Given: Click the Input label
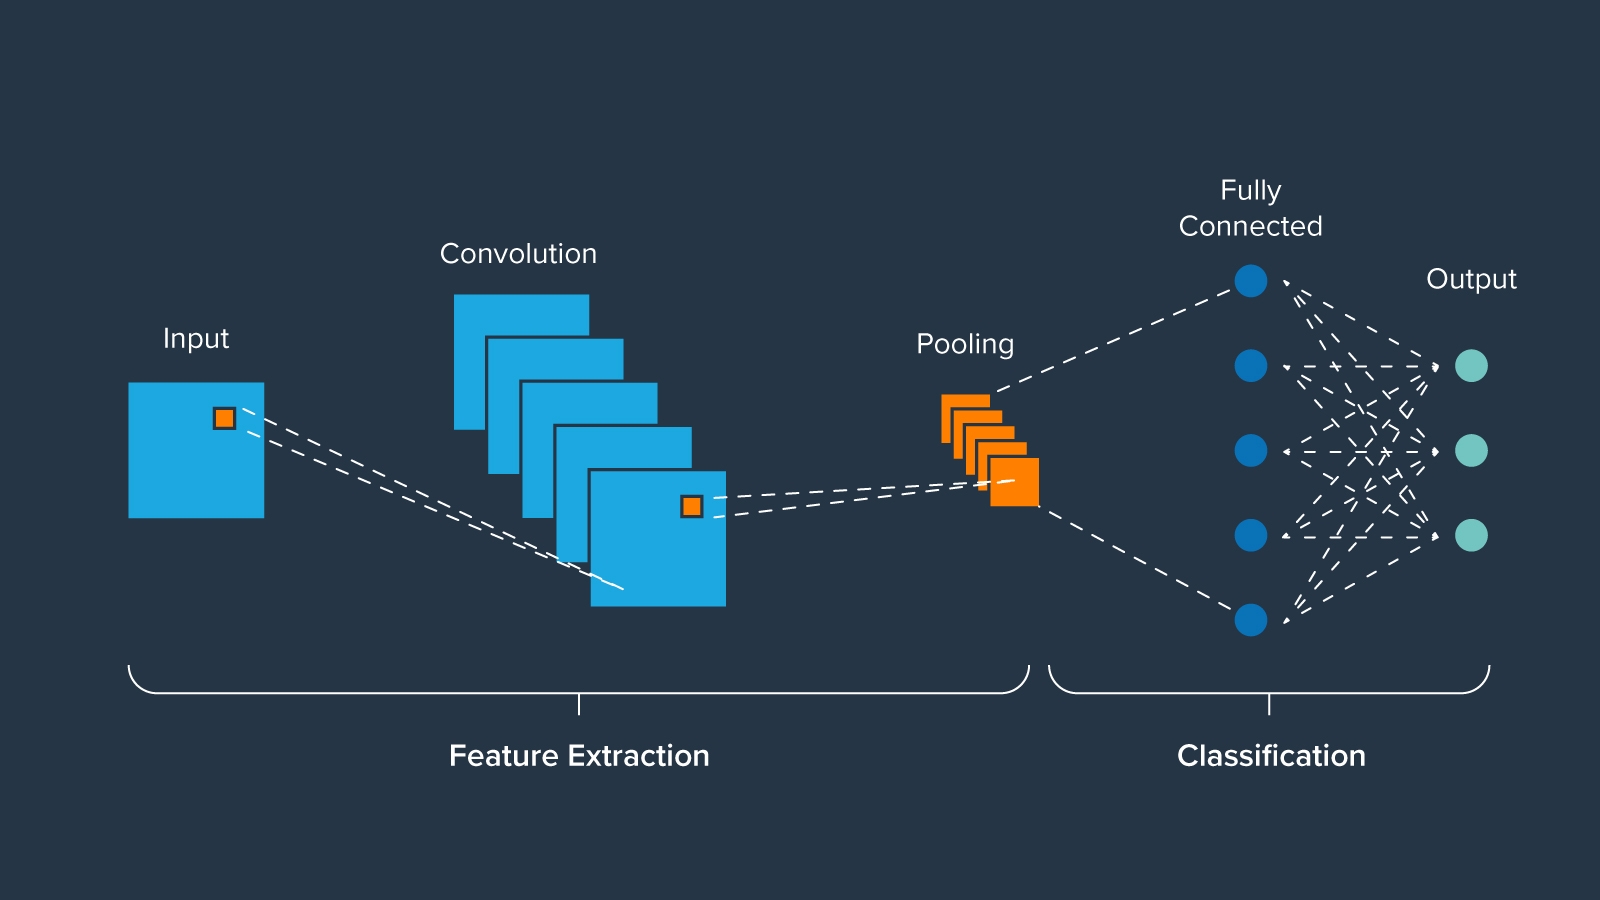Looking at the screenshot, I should pyautogui.click(x=196, y=339).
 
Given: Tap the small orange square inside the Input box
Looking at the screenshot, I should pyautogui.click(x=224, y=418).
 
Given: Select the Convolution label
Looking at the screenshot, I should pyautogui.click(x=518, y=254).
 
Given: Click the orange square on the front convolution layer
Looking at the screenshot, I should pyautogui.click(x=691, y=507).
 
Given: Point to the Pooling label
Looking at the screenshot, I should pyautogui.click(x=965, y=344).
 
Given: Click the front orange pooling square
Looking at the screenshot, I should pyautogui.click(x=1014, y=482).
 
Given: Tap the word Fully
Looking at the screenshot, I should pyautogui.click(x=1250, y=190).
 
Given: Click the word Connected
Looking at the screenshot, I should pyautogui.click(x=1250, y=226).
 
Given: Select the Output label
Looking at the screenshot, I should pyautogui.click(x=1471, y=279).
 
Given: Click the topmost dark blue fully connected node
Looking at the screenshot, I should pyautogui.click(x=1251, y=281).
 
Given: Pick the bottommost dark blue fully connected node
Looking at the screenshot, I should pyautogui.click(x=1251, y=620).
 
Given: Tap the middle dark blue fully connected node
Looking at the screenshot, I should pyautogui.click(x=1251, y=450).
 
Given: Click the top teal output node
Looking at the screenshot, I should pyautogui.click(x=1471, y=366).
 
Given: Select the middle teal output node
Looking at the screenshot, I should pyautogui.click(x=1471, y=450).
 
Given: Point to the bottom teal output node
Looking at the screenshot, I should pyautogui.click(x=1471, y=535).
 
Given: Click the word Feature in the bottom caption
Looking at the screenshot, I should pyautogui.click(x=504, y=756).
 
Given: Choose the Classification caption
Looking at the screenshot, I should pyautogui.click(x=1271, y=756).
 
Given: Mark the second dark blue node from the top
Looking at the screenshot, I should pyautogui.click(x=1251, y=366).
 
